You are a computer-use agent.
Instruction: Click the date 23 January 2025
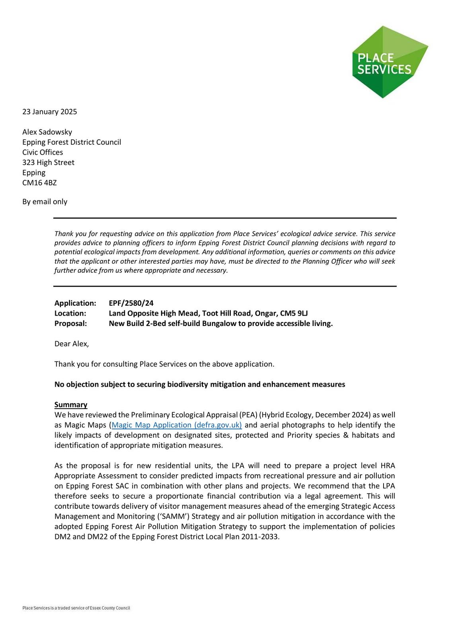50,112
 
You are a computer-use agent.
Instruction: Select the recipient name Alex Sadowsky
47,132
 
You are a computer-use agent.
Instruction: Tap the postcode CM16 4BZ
39,183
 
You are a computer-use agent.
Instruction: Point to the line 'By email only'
45,202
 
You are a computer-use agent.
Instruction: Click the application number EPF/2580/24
131,303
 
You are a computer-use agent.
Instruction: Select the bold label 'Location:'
70,313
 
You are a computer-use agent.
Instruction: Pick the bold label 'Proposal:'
70,324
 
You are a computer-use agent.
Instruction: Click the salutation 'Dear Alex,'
72,344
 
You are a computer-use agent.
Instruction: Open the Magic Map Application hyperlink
177,425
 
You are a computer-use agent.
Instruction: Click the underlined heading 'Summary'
71,405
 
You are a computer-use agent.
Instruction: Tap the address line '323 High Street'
48,163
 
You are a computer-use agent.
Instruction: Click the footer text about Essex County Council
76,608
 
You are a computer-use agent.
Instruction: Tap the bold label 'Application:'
75,303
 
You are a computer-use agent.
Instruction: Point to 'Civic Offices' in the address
43,152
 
